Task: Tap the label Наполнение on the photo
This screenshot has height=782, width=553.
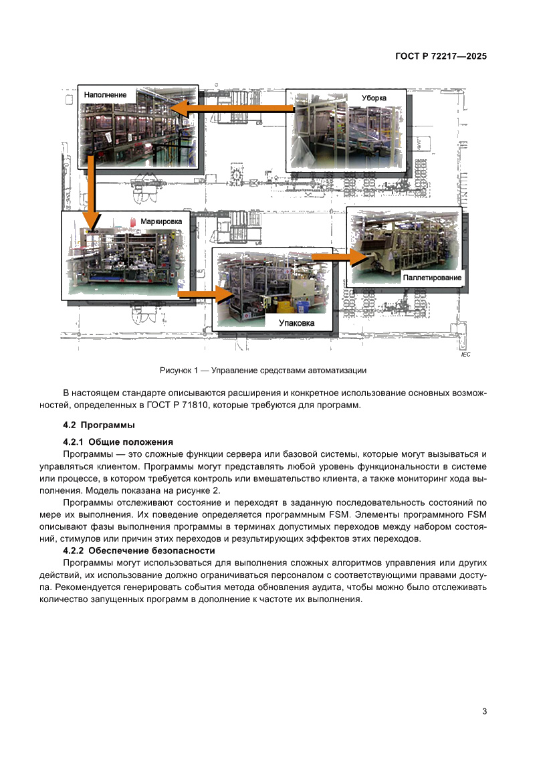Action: coord(105,95)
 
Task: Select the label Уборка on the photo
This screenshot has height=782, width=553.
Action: coord(374,98)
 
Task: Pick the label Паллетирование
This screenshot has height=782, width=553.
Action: coord(431,277)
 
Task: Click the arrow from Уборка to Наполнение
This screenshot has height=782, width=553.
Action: coord(231,108)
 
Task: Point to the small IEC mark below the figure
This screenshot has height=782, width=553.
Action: coord(465,355)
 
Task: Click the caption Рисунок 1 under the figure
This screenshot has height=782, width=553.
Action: coord(263,371)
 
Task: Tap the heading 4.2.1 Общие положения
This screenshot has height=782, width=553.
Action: coord(118,442)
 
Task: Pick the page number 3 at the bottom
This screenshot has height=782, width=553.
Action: coord(484,711)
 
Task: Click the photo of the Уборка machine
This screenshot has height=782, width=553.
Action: coord(348,134)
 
